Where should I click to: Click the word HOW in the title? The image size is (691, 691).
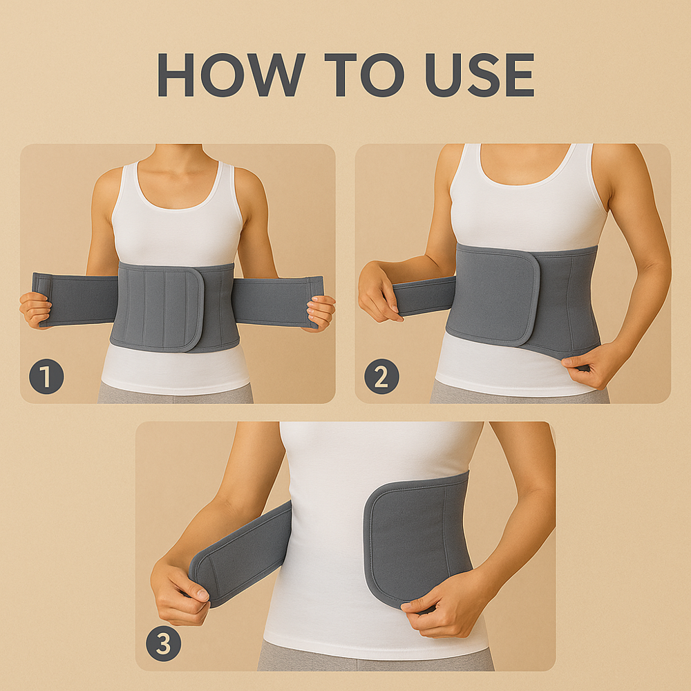click(x=230, y=74)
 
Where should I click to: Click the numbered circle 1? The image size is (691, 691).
click(x=46, y=378)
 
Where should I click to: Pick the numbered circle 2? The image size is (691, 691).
click(x=381, y=377)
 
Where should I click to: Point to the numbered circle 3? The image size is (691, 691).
click(x=164, y=644)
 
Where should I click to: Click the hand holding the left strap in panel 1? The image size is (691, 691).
click(x=35, y=309)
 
